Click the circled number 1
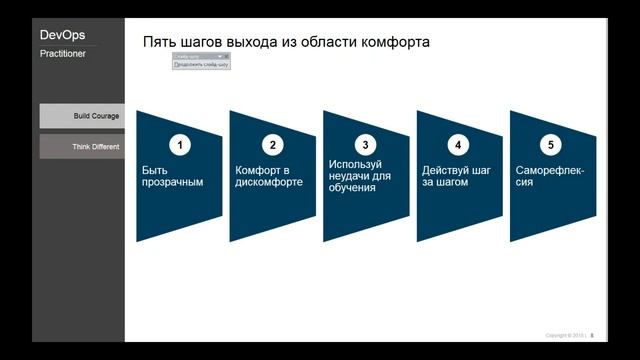pos(180,145)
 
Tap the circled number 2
pos(273,145)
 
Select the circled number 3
pos(367,145)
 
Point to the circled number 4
pos(458,145)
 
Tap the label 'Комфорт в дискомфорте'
pos(268,176)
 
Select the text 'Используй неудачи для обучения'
pos(359,175)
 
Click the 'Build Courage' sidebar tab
pos(82,116)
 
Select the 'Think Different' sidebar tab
pos(82,147)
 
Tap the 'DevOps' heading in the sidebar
pos(62,35)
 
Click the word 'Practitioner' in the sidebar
pos(62,54)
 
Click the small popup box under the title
pos(201,61)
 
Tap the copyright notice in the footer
pos(564,335)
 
